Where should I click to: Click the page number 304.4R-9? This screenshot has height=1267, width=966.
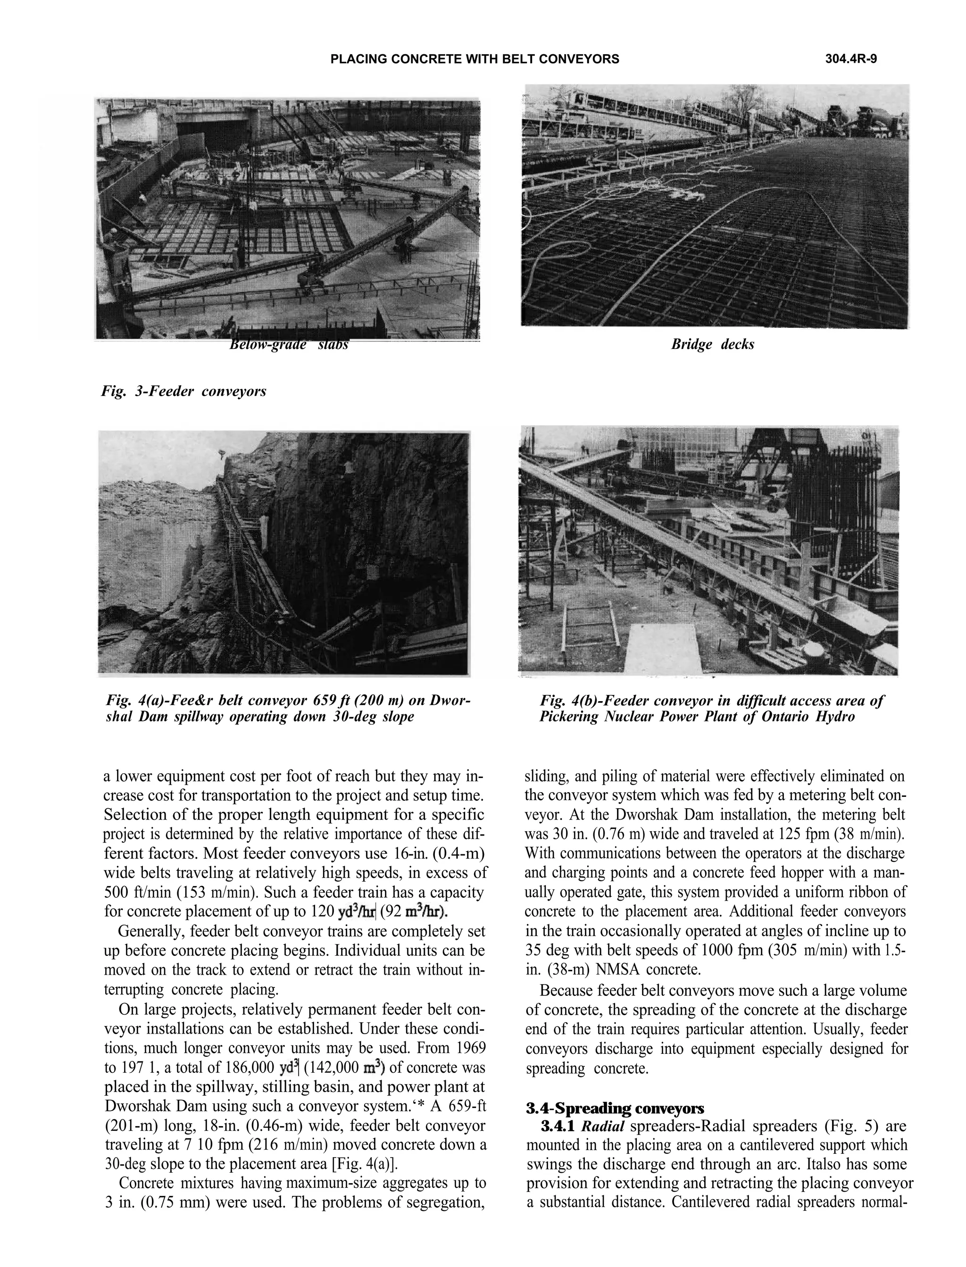pyautogui.click(x=850, y=59)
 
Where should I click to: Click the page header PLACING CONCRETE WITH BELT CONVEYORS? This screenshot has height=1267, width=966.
pyautogui.click(x=475, y=59)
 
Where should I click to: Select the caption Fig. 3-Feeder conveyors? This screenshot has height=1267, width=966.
pyautogui.click(x=183, y=392)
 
